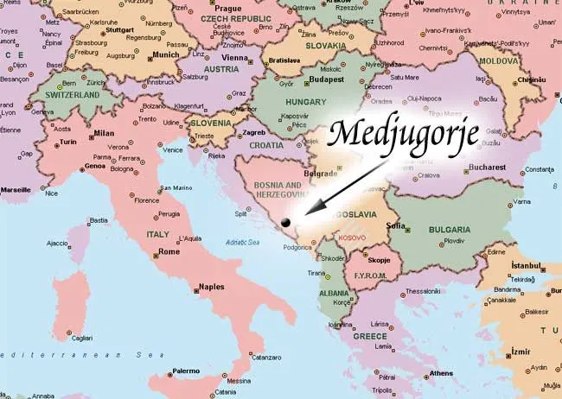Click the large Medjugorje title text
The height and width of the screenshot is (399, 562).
399,133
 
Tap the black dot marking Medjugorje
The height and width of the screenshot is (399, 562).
285,222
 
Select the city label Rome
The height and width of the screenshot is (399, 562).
169,252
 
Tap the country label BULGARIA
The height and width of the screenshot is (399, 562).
450,230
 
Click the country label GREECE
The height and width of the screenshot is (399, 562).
370,335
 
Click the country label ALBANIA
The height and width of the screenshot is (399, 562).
335,294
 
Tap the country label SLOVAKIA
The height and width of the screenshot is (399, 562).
324,45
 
